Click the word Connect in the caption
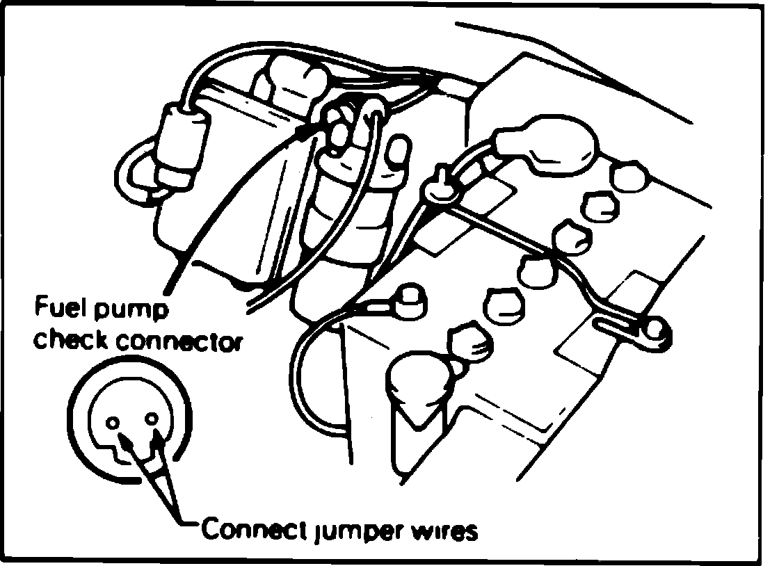[x=248, y=531]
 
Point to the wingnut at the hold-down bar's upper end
[x=438, y=188]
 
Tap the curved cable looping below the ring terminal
[x=313, y=375]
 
